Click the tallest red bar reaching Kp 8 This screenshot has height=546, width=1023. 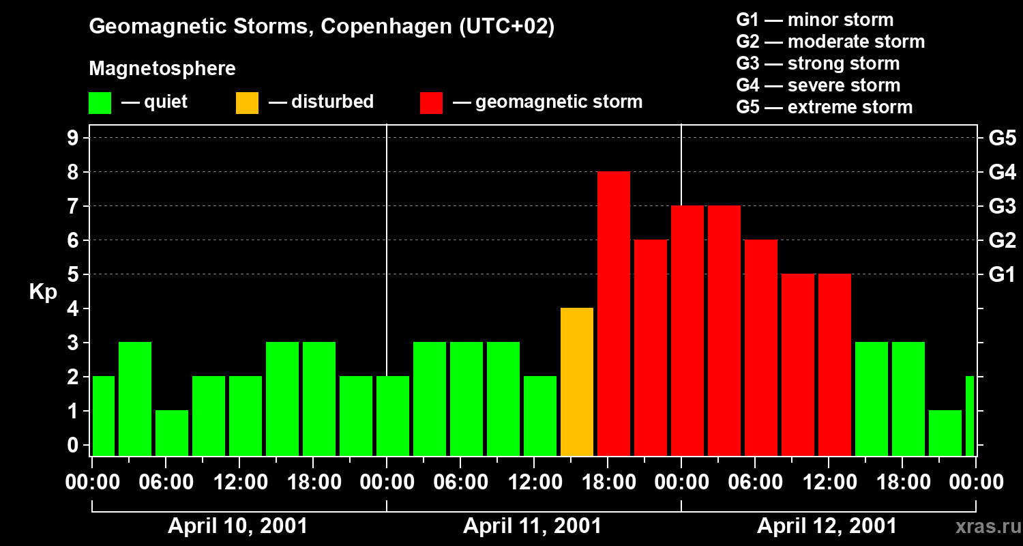[613, 314]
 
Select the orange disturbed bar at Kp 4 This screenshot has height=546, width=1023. [576, 382]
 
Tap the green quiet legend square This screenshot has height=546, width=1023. [100, 102]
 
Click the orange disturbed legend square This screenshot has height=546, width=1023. [247, 102]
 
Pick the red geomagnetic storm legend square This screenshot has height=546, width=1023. [431, 102]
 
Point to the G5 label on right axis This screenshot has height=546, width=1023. [1002, 139]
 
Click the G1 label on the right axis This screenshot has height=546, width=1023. [1002, 275]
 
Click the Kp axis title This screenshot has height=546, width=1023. [42, 292]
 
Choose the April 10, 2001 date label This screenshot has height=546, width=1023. [237, 526]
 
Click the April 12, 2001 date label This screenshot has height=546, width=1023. [827, 526]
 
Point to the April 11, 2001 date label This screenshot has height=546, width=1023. [532, 526]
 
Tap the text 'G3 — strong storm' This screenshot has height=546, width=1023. [818, 63]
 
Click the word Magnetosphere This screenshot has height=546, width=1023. [162, 69]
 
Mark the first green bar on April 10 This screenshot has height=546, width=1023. [104, 416]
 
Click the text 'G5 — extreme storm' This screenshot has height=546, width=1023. [824, 107]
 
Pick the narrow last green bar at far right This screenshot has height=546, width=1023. [970, 416]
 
